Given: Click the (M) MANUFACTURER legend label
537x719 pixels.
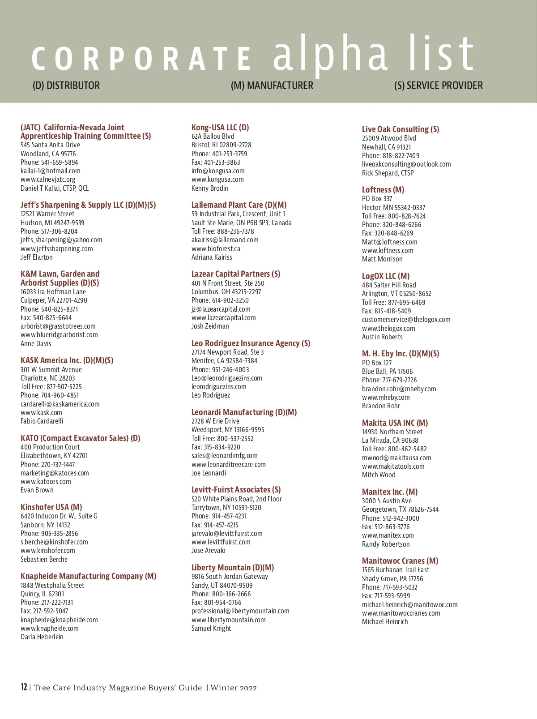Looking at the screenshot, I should pyautogui.click(x=272, y=86).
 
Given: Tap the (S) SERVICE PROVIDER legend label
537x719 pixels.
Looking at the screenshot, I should pyautogui.click(x=438, y=86).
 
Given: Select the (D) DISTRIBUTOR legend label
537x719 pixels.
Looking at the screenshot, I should pyautogui.click(x=66, y=86).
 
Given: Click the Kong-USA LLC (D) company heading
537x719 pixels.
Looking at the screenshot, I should pyautogui.click(x=220, y=128).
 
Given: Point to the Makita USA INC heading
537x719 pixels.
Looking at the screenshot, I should pyautogui.click(x=395, y=423).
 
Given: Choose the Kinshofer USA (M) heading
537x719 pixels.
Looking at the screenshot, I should pyautogui.click(x=51, y=507).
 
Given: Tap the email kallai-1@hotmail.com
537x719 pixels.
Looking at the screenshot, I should pyautogui.click(x=51, y=171).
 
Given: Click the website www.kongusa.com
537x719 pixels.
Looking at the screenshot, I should pyautogui.click(x=217, y=180).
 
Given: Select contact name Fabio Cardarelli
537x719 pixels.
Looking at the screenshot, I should pyautogui.click(x=42, y=421).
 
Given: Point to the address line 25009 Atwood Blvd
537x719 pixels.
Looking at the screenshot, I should pyautogui.click(x=389, y=138).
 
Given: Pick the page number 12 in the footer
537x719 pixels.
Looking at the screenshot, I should pyautogui.click(x=24, y=687).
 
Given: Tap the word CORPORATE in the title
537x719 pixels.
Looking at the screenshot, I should pyautogui.click(x=141, y=59).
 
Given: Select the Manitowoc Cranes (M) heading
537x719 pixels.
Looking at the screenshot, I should pyautogui.click(x=400, y=561).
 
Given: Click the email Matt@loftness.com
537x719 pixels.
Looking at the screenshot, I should pyautogui.click(x=389, y=242).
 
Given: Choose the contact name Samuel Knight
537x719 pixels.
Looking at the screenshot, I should pyautogui.click(x=211, y=629).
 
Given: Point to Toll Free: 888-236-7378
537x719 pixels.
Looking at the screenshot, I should pyautogui.click(x=222, y=231).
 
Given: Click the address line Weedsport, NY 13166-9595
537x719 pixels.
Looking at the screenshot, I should pyautogui.click(x=228, y=430).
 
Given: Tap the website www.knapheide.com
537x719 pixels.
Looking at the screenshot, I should pyautogui.click(x=50, y=629).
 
